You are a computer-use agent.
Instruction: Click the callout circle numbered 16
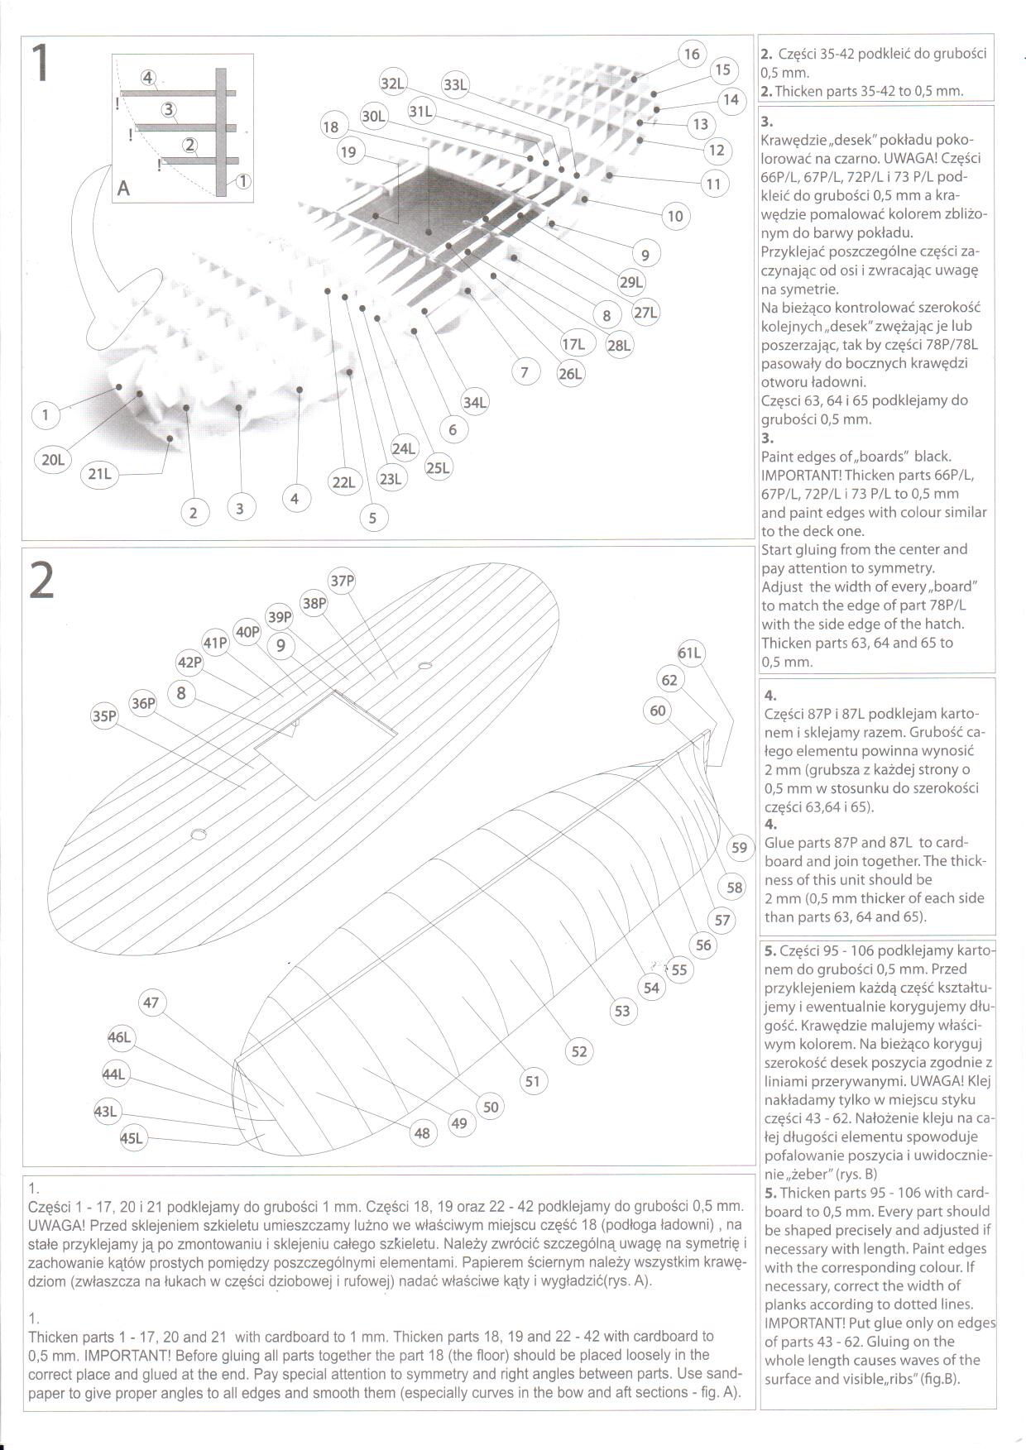(691, 54)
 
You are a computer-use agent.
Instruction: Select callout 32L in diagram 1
(393, 83)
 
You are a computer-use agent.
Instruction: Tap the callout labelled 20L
(52, 460)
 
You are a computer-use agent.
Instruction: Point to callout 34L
(474, 403)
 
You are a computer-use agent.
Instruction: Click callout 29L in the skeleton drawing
(630, 282)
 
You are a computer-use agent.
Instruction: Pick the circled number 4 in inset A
(148, 78)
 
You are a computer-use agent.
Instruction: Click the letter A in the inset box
(123, 189)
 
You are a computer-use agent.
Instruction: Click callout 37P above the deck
(342, 581)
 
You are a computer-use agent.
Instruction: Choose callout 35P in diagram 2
(104, 716)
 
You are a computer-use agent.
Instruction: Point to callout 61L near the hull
(689, 653)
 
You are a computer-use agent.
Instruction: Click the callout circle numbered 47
(151, 1003)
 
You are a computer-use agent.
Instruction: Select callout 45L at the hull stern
(132, 1139)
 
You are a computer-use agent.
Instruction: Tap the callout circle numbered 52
(578, 1051)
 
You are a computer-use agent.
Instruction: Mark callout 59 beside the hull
(739, 847)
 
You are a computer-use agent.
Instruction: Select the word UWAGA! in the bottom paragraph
(55, 1224)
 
